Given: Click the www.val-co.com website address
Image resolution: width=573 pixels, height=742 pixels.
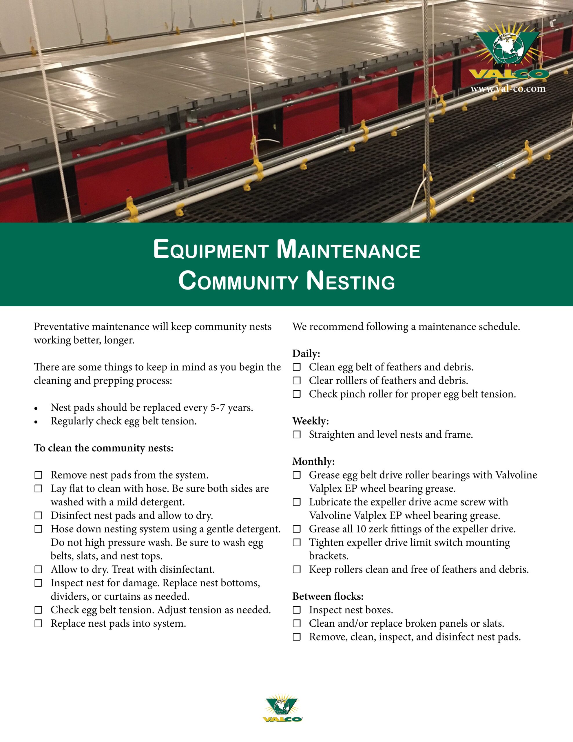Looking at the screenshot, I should [508, 89].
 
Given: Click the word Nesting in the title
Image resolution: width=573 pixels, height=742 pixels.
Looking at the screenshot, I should [351, 281].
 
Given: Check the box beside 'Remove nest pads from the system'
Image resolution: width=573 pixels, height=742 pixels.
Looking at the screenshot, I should [38, 475].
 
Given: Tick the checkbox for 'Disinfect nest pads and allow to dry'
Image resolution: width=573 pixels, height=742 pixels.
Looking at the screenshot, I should [38, 515].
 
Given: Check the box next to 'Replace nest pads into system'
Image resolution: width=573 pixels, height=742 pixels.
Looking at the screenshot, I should [38, 623].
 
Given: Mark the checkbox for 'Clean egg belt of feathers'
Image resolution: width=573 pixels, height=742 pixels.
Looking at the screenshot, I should [297, 367].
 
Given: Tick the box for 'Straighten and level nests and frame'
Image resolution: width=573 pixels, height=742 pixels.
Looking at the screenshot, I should [297, 434].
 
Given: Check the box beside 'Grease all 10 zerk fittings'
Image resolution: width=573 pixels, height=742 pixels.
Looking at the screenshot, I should [297, 529].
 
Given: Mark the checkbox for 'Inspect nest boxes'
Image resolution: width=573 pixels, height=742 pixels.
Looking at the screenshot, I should [297, 610].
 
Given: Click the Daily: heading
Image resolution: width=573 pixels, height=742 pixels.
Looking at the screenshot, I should [306, 354].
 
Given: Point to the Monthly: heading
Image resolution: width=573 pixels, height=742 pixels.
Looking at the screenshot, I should [313, 461].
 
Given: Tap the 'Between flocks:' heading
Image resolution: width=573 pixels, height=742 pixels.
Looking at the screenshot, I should [328, 596].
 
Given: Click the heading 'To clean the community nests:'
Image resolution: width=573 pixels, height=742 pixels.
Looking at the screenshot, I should [104, 448].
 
